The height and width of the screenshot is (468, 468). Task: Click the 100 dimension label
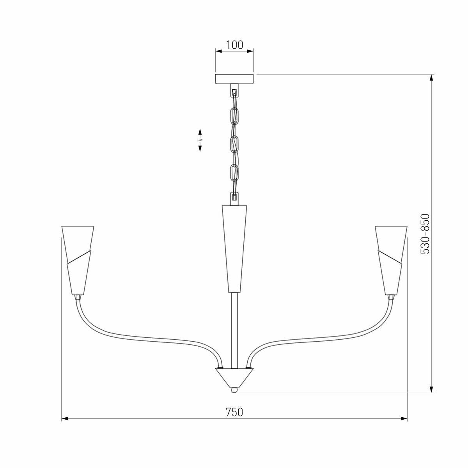tap(234, 45)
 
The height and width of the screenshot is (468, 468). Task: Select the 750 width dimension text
tap(234, 412)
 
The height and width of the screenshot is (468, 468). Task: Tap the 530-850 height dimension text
tap(425, 234)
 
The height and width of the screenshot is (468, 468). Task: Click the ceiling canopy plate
tap(234, 79)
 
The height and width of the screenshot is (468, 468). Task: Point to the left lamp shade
tap(78, 259)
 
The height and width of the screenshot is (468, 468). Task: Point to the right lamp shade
tap(391, 259)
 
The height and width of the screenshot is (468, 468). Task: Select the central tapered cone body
tap(234, 248)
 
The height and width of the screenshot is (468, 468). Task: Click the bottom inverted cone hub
tap(234, 377)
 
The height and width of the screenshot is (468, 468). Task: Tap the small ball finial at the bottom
tap(234, 390)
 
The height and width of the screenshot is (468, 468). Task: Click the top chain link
tap(235, 115)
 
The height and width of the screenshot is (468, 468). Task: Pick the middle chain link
tap(234, 144)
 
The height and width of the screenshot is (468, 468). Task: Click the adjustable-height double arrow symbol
tap(200, 140)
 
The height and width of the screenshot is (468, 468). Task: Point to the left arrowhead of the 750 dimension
tap(65, 418)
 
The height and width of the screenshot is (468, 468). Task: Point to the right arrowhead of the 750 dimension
tap(404, 418)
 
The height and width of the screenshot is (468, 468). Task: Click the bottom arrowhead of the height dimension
tap(432, 389)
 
